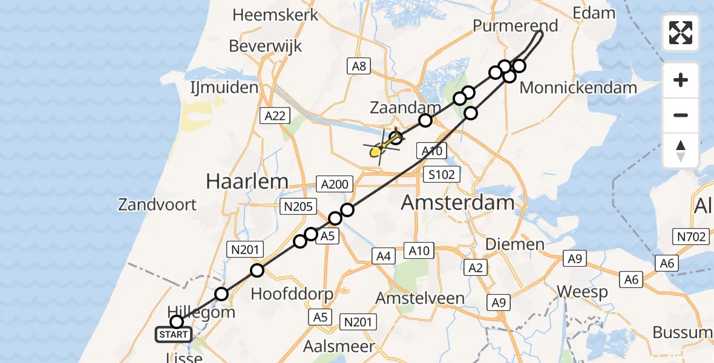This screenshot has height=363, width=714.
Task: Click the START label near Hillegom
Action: (x=174, y=334)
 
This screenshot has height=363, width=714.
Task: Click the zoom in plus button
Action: (x=681, y=80)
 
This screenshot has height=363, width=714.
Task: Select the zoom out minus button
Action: (x=681, y=115)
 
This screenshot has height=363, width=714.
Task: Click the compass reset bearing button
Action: (x=681, y=151)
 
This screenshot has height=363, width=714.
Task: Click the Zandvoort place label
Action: (x=157, y=204)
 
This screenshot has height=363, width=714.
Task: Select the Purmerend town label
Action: (x=515, y=26)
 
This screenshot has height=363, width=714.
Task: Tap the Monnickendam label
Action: (x=578, y=88)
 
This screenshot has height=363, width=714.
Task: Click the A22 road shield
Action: (x=273, y=116)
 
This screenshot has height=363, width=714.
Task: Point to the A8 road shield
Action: (x=359, y=66)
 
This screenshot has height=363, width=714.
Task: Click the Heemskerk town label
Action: (x=275, y=15)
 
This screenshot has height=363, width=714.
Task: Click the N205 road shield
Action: (x=298, y=207)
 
